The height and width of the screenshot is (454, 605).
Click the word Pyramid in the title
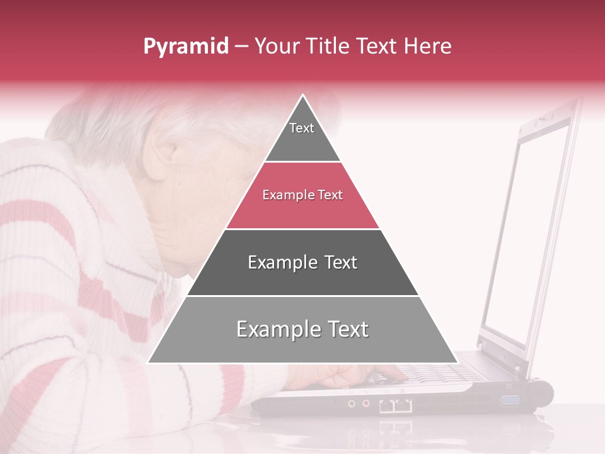tap(185, 47)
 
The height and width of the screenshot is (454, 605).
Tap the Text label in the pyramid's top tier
tap(302, 128)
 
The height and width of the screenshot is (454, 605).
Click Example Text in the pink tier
tap(302, 195)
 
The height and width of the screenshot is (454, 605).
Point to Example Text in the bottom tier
tap(302, 329)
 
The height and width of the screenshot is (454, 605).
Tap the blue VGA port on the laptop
tap(509, 399)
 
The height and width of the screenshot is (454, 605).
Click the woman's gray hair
tap(101, 120)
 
